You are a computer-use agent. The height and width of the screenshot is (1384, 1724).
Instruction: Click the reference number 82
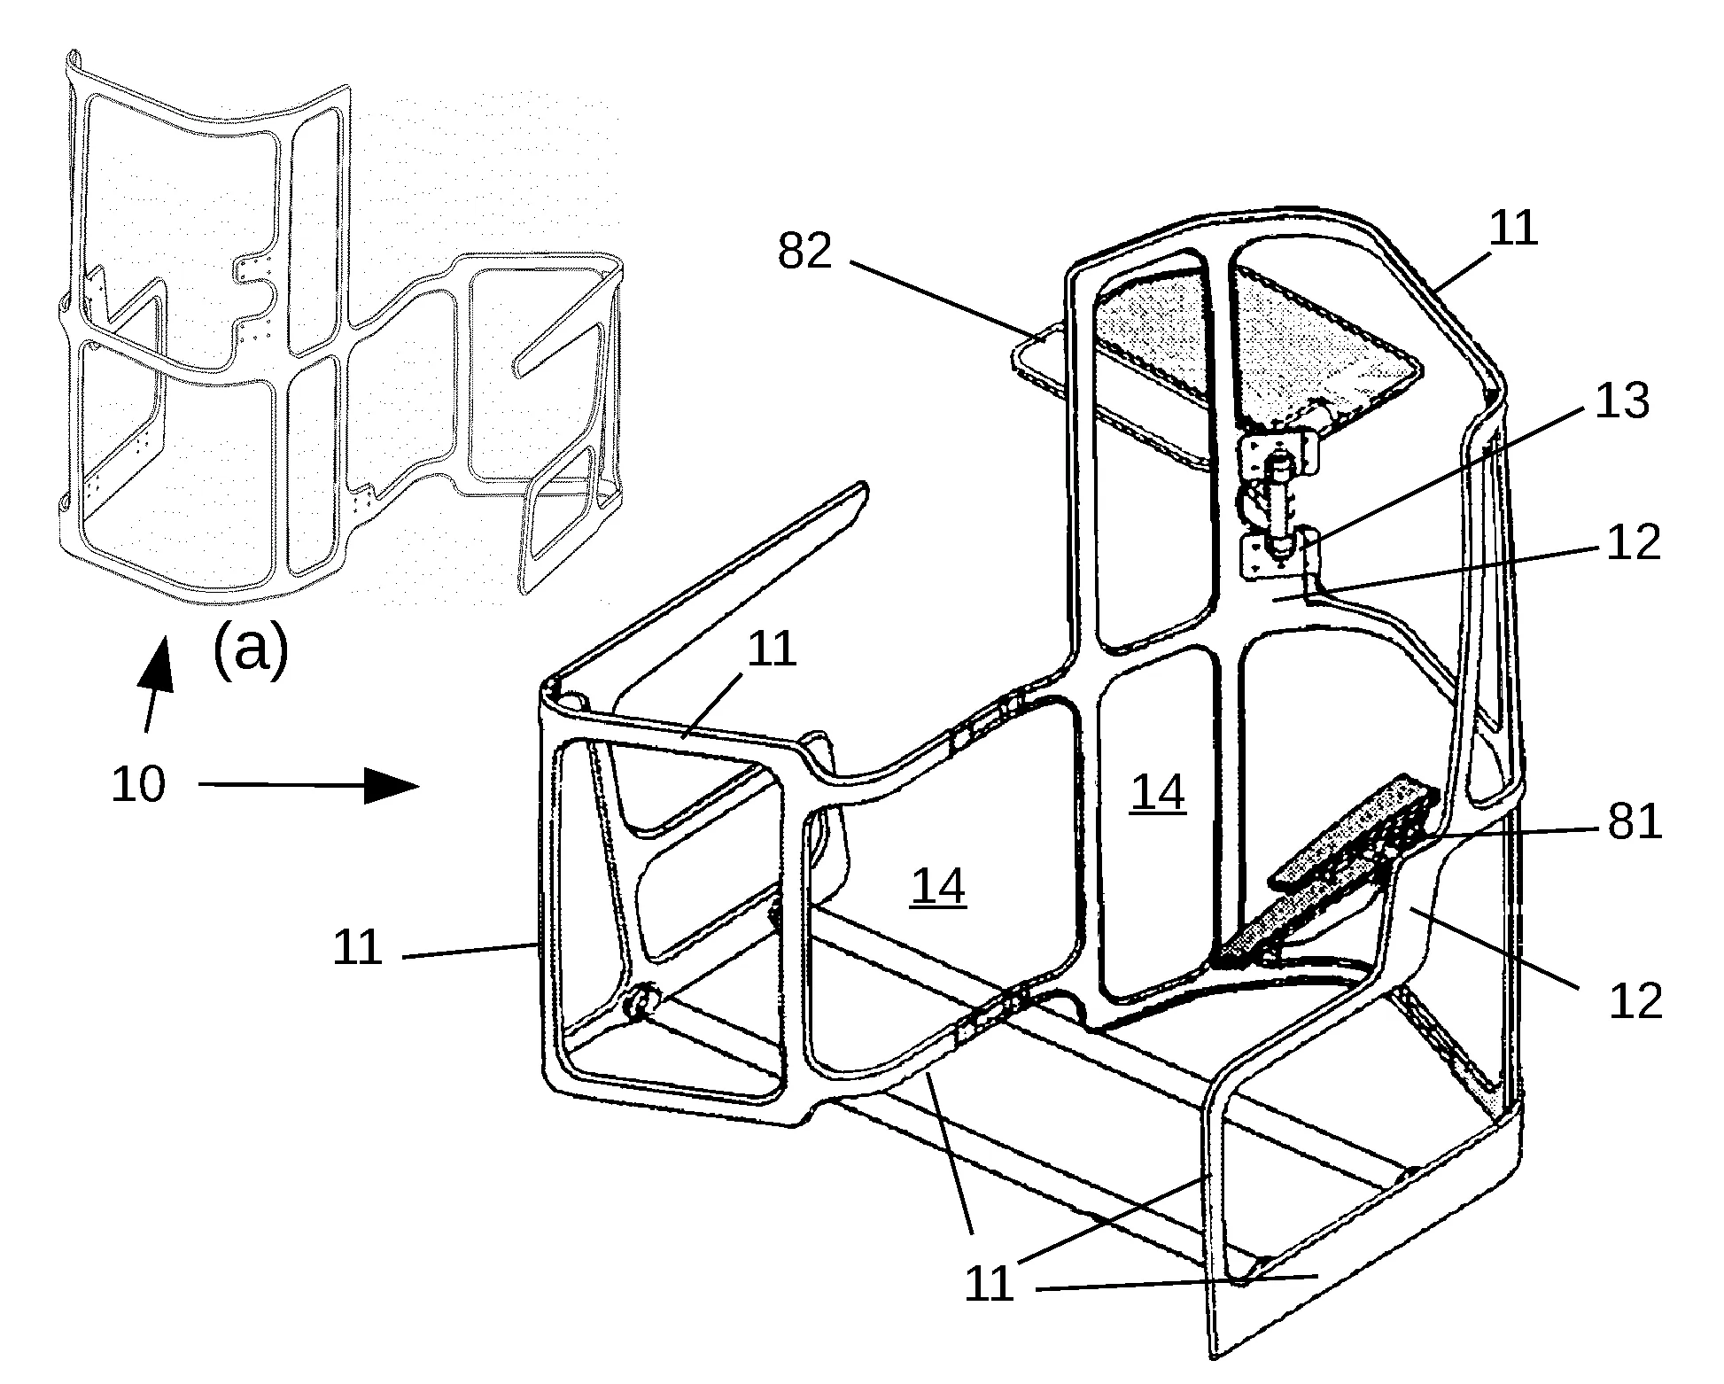click(x=805, y=252)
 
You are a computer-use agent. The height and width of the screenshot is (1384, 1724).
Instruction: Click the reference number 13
click(x=1622, y=400)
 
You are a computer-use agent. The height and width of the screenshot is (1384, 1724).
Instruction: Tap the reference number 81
click(x=1635, y=824)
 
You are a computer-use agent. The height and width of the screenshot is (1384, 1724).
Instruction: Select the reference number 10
click(x=138, y=784)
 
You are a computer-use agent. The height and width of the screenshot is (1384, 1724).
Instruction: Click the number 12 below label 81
click(x=1635, y=1002)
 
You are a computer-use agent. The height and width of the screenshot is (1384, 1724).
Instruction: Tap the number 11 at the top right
click(x=1513, y=229)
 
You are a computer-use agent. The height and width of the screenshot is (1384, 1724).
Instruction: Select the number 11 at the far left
click(x=358, y=949)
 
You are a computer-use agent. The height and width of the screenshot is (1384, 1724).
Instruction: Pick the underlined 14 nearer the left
click(x=938, y=887)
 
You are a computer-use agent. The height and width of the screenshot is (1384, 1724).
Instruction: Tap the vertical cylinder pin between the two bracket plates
click(x=1276, y=501)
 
